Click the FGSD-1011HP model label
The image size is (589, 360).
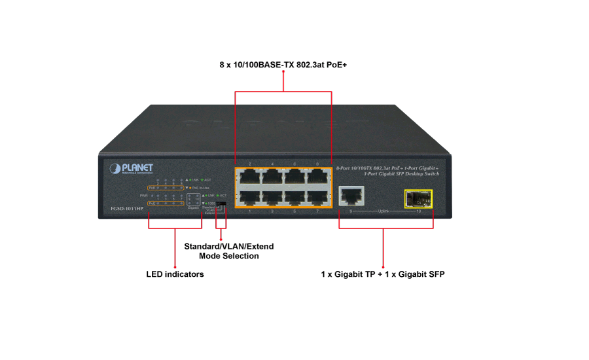click(127, 209)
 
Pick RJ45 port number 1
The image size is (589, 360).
click(249, 198)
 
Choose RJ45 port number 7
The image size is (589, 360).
click(317, 198)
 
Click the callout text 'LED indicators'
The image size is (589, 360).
click(175, 274)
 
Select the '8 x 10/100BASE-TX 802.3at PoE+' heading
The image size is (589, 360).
click(283, 65)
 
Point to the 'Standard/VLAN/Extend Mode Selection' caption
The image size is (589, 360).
click(228, 251)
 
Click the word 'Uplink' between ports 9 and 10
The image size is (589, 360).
click(384, 211)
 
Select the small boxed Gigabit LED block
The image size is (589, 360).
click(193, 198)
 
